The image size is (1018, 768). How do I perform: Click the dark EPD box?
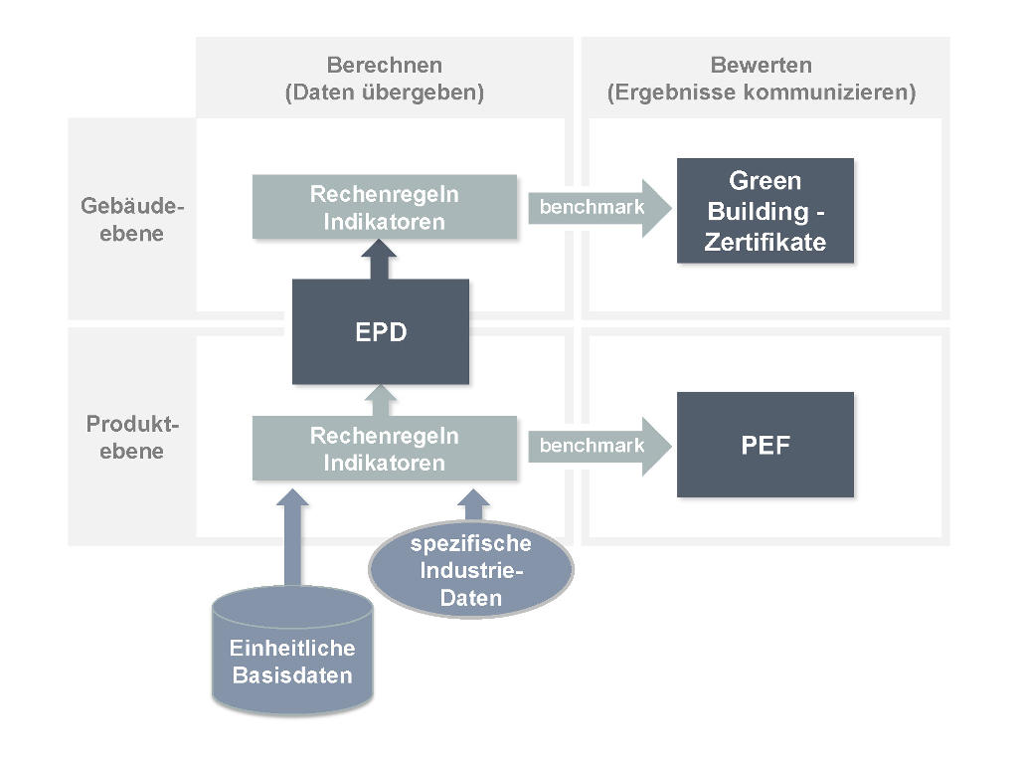click(380, 331)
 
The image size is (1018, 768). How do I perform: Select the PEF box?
click(764, 445)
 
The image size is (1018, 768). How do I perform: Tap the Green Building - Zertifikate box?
click(764, 210)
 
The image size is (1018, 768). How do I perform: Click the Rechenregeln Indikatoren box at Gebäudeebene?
click(384, 207)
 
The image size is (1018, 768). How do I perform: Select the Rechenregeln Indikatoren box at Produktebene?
click(384, 449)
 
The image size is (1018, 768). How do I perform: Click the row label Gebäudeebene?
click(132, 221)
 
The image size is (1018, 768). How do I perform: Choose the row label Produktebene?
click(132, 438)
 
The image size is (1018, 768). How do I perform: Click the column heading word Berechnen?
click(384, 66)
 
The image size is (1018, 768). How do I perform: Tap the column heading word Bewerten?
click(761, 66)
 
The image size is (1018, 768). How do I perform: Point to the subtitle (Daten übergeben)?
click(384, 94)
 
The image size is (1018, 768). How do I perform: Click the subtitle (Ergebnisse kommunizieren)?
click(761, 94)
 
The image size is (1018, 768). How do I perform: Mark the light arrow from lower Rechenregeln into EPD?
click(379, 400)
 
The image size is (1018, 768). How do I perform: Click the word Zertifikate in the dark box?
click(764, 242)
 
